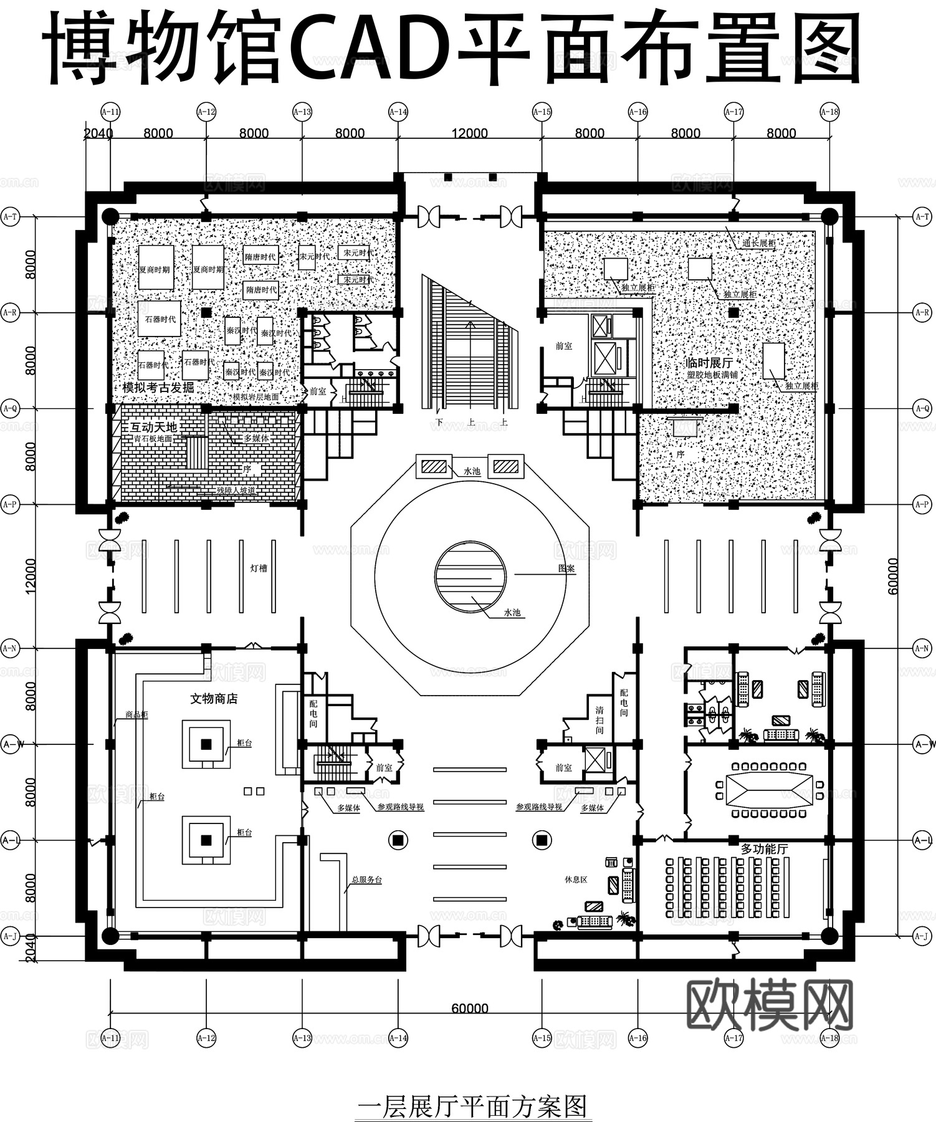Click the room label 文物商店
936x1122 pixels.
click(214, 699)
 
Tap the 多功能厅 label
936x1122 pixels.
click(764, 849)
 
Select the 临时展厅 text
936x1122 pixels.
click(709, 363)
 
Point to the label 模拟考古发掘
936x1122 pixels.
click(158, 388)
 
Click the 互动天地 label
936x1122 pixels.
click(153, 427)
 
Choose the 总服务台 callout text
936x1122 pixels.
click(366, 880)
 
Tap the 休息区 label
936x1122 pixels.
click(576, 880)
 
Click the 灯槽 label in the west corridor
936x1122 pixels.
click(259, 568)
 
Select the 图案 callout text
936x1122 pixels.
click(566, 568)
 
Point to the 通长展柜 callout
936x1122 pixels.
click(758, 243)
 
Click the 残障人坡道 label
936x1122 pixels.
click(236, 491)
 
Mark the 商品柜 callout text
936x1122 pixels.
click(136, 715)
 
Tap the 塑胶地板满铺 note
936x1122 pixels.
click(712, 375)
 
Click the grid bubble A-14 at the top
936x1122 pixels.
click(398, 112)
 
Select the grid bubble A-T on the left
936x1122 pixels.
click(10, 217)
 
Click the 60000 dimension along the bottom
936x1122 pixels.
click(470, 1009)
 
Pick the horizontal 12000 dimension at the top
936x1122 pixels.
click(470, 133)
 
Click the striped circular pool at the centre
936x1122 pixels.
click(470, 577)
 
